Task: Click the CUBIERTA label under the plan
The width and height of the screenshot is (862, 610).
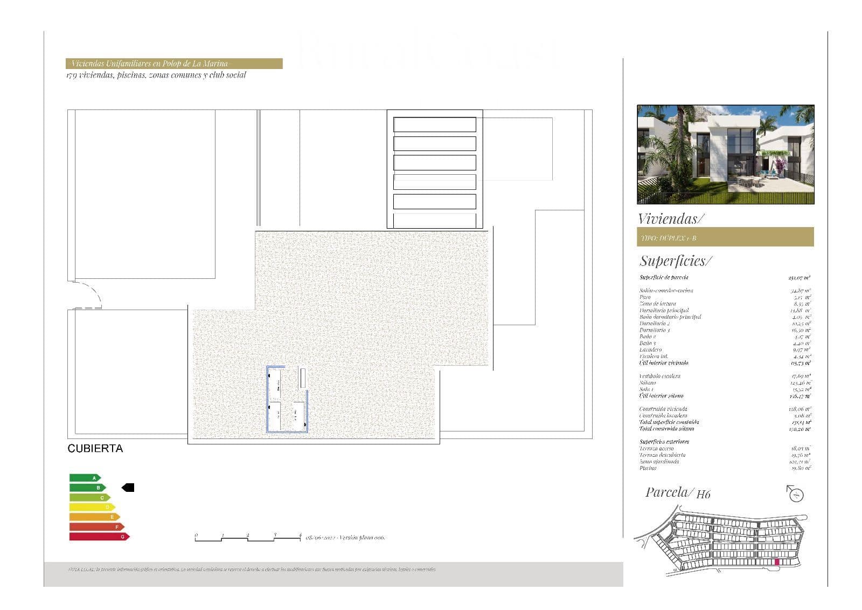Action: tap(95, 448)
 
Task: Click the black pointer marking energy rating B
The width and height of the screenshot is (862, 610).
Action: tap(128, 488)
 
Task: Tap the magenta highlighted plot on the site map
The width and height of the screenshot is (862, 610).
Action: tap(776, 562)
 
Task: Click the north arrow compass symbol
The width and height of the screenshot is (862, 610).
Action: tap(796, 493)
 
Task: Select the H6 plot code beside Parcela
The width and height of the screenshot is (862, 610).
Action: tap(703, 494)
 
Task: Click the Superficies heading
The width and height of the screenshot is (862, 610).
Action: tap(675, 261)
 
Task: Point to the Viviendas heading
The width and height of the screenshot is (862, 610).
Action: tap(670, 218)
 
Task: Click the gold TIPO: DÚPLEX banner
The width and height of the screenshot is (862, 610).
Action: tap(725, 237)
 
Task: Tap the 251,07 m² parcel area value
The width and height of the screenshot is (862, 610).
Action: tap(798, 278)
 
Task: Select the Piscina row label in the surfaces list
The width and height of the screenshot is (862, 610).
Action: tap(648, 468)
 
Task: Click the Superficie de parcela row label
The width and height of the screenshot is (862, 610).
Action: tap(664, 277)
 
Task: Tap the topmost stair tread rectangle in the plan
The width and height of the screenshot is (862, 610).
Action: tap(434, 125)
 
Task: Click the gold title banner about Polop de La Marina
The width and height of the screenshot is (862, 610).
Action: tap(174, 64)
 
